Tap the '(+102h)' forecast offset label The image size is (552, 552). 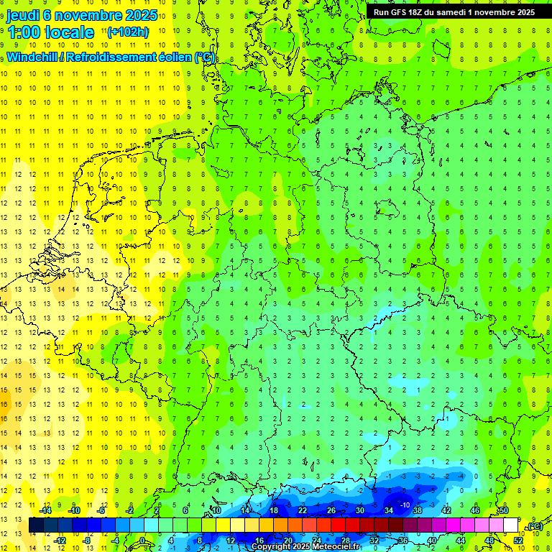(128, 32)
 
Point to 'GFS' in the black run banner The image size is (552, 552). (402, 12)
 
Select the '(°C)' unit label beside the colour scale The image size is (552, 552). (535, 526)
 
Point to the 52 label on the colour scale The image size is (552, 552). (519, 540)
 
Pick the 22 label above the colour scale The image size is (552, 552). (303, 510)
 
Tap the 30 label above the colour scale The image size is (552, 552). (360, 510)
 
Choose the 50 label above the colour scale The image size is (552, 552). (504, 510)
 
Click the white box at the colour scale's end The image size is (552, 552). (511, 525)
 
